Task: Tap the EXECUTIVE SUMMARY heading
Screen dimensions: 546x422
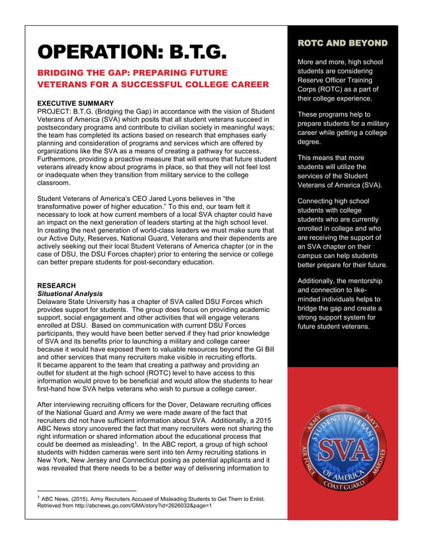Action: coord(75,104)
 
